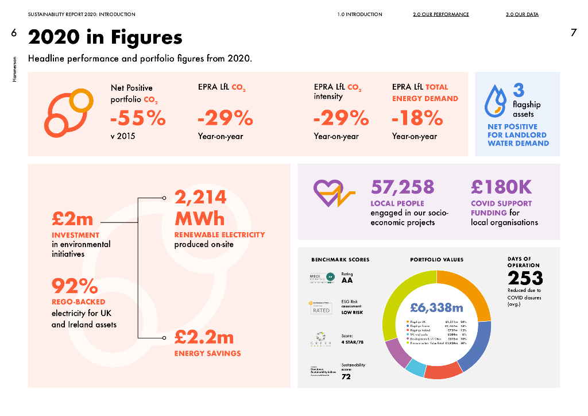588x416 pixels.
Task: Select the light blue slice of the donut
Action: tap(415, 368)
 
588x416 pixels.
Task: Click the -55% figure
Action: tap(138, 118)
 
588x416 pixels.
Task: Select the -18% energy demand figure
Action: tap(417, 118)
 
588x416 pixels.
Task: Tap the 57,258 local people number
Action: tap(403, 187)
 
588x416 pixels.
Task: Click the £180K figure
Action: tap(501, 187)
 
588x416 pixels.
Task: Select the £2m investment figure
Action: tap(72, 219)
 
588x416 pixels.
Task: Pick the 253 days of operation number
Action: tap(525, 278)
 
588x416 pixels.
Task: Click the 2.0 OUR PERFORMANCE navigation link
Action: tap(440, 14)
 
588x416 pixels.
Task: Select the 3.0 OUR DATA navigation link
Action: tap(522, 14)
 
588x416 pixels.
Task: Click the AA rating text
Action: tap(347, 280)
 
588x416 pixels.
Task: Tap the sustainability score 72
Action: tap(346, 377)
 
